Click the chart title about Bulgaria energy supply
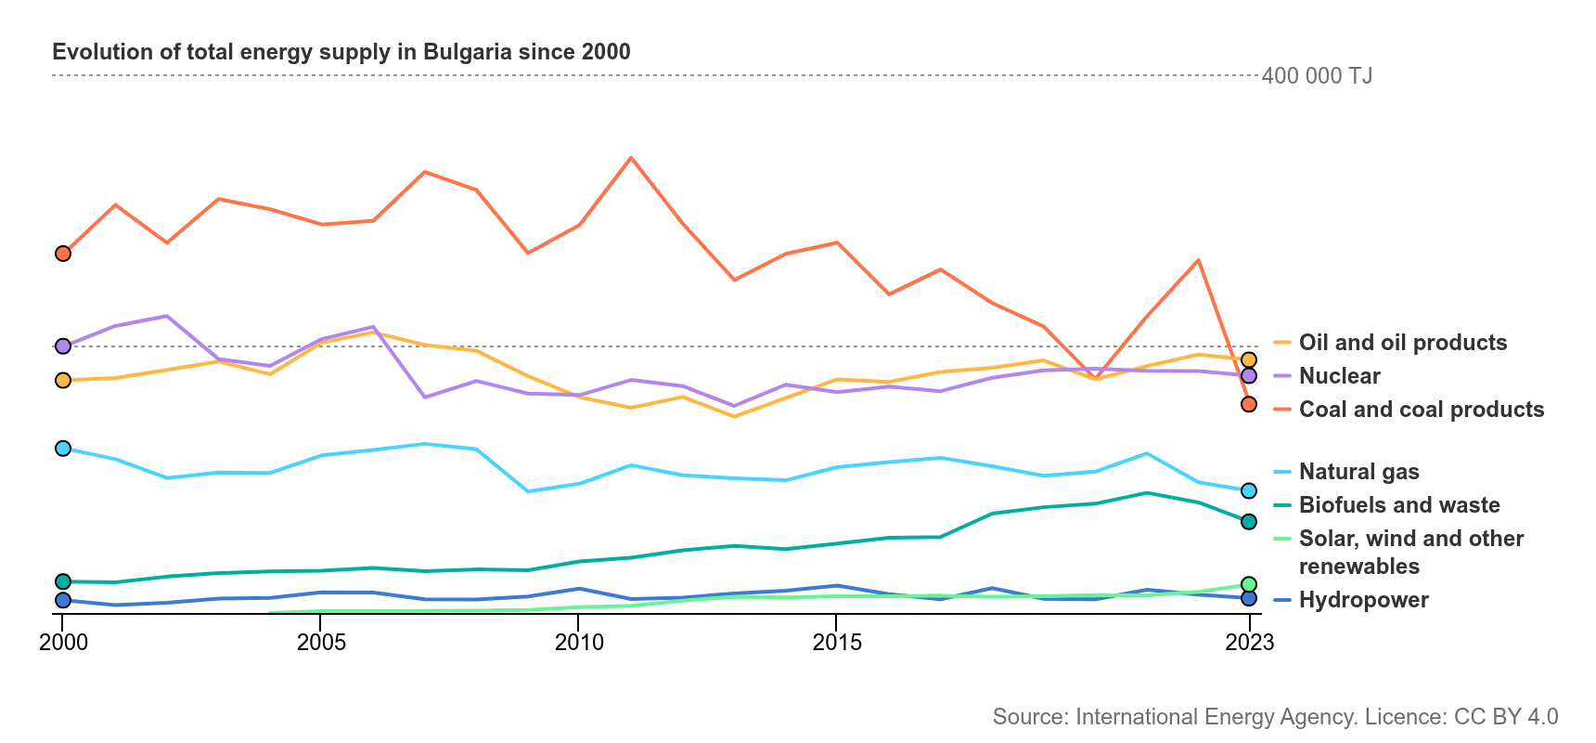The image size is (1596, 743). (341, 52)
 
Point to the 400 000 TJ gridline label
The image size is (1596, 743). (1317, 76)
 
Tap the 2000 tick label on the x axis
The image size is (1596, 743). (63, 642)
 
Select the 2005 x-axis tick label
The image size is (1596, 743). (321, 642)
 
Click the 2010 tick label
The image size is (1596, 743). (579, 642)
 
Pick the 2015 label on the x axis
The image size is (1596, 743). (837, 642)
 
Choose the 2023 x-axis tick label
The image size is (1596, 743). (1250, 642)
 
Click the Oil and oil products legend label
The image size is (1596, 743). (1403, 343)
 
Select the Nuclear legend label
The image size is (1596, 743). (1340, 376)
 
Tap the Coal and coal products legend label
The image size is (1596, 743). (1422, 410)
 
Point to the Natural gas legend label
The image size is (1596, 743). (1359, 472)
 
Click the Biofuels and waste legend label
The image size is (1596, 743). (1399, 505)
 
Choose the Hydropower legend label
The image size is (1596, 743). (1364, 600)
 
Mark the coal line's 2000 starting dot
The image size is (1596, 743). (63, 254)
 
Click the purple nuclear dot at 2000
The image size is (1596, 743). (63, 346)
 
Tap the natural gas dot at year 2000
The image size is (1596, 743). (63, 449)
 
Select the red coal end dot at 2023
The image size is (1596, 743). (1249, 404)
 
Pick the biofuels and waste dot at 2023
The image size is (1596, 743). (1249, 522)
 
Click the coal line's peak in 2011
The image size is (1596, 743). (631, 158)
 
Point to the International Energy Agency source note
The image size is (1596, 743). (1276, 717)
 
